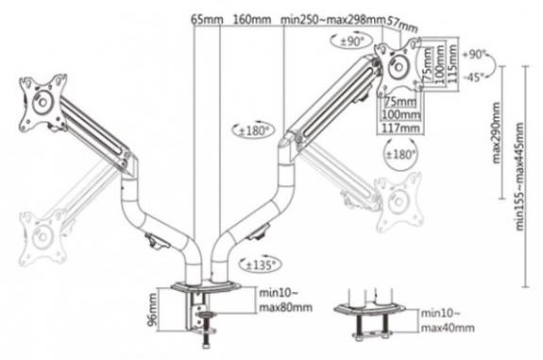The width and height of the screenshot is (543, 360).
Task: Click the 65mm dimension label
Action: tap(208, 19)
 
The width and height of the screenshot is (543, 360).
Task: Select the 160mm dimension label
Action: tap(251, 19)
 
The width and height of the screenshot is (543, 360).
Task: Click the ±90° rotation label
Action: tap(353, 40)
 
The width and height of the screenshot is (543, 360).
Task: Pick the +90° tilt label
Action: tap(477, 54)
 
